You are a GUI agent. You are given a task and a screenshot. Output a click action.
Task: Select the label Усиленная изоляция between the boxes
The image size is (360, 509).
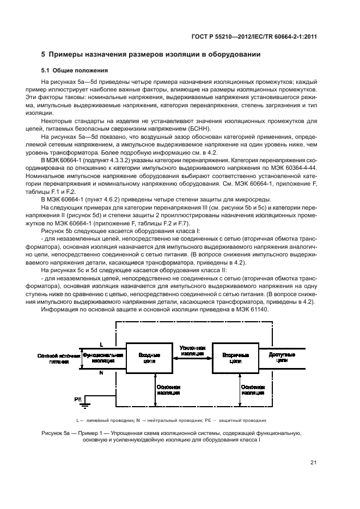(x=192, y=349)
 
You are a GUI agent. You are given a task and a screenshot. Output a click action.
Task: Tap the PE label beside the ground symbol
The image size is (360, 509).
(x=78, y=399)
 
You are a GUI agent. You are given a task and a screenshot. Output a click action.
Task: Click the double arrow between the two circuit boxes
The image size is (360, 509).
(x=192, y=357)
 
